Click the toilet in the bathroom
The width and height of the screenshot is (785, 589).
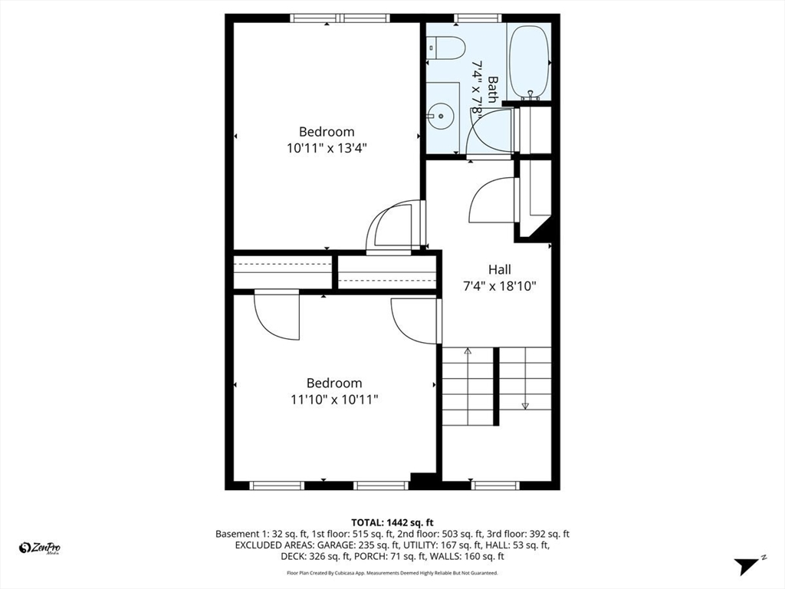(448, 48)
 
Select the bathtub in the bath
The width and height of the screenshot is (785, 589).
(530, 61)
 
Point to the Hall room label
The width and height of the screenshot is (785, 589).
(499, 270)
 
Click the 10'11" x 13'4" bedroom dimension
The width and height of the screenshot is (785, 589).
(327, 149)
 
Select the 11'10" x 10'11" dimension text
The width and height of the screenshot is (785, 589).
(334, 400)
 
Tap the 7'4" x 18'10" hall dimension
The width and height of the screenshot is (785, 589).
(500, 287)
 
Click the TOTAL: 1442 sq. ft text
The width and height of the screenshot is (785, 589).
(392, 520)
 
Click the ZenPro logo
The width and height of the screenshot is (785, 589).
(40, 548)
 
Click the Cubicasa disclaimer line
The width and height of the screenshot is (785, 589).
(392, 573)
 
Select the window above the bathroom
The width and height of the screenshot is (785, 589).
(478, 18)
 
